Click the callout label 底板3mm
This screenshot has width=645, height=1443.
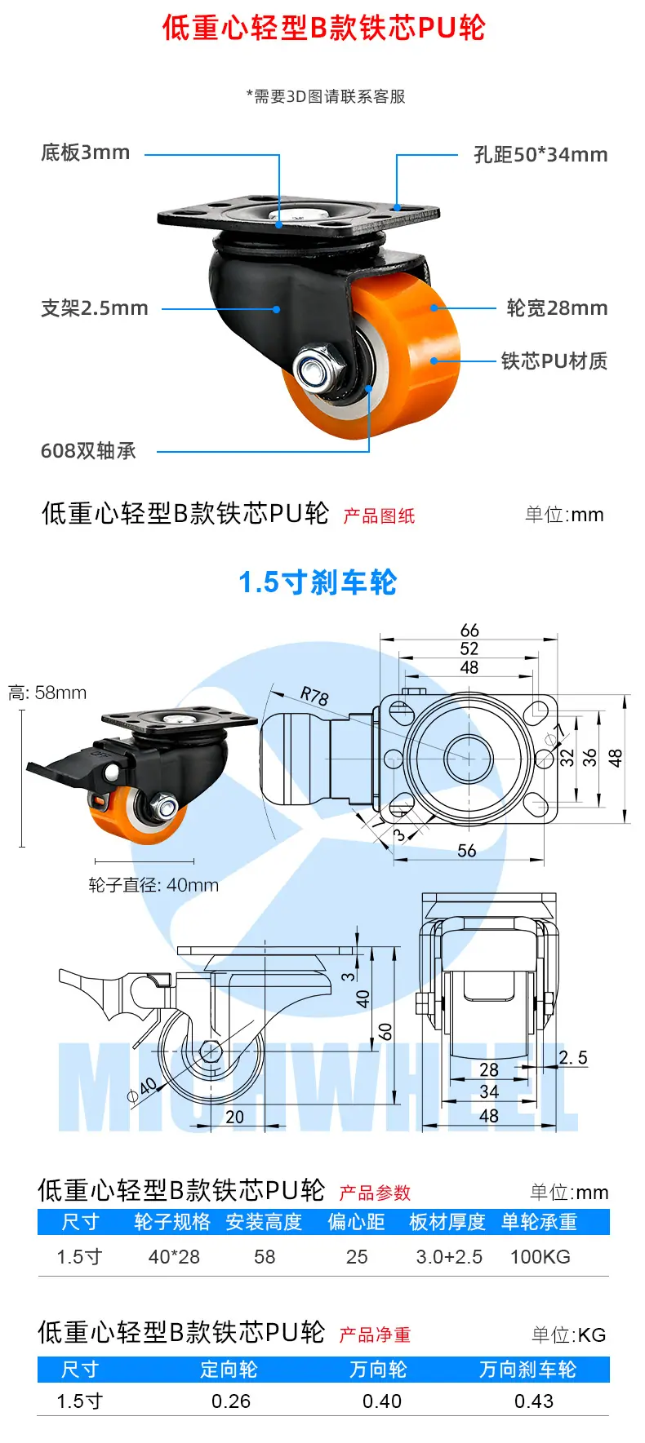click(x=86, y=153)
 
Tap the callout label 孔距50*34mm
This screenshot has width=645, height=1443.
click(x=540, y=154)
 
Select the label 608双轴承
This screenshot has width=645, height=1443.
click(x=88, y=450)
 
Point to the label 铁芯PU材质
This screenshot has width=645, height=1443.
click(x=554, y=361)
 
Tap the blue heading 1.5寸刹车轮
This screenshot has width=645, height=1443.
click(x=318, y=582)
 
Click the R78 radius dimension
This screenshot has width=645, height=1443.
click(x=314, y=696)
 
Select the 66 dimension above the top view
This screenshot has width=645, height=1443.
click(x=469, y=631)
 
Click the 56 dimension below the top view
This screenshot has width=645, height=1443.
click(x=467, y=851)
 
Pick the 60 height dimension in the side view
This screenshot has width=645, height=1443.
click(x=385, y=1031)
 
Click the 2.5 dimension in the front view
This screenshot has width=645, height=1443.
click(x=573, y=1057)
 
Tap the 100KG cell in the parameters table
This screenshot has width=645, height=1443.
click(x=540, y=1257)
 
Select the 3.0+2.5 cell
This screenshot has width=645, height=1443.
click(x=449, y=1257)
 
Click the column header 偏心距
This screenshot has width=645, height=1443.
click(x=357, y=1222)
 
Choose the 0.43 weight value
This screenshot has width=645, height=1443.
click(x=534, y=1401)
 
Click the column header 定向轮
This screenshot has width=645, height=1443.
click(x=229, y=1370)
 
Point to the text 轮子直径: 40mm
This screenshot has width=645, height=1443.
click(x=153, y=885)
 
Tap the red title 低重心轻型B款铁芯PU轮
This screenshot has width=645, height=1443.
click(x=323, y=28)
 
